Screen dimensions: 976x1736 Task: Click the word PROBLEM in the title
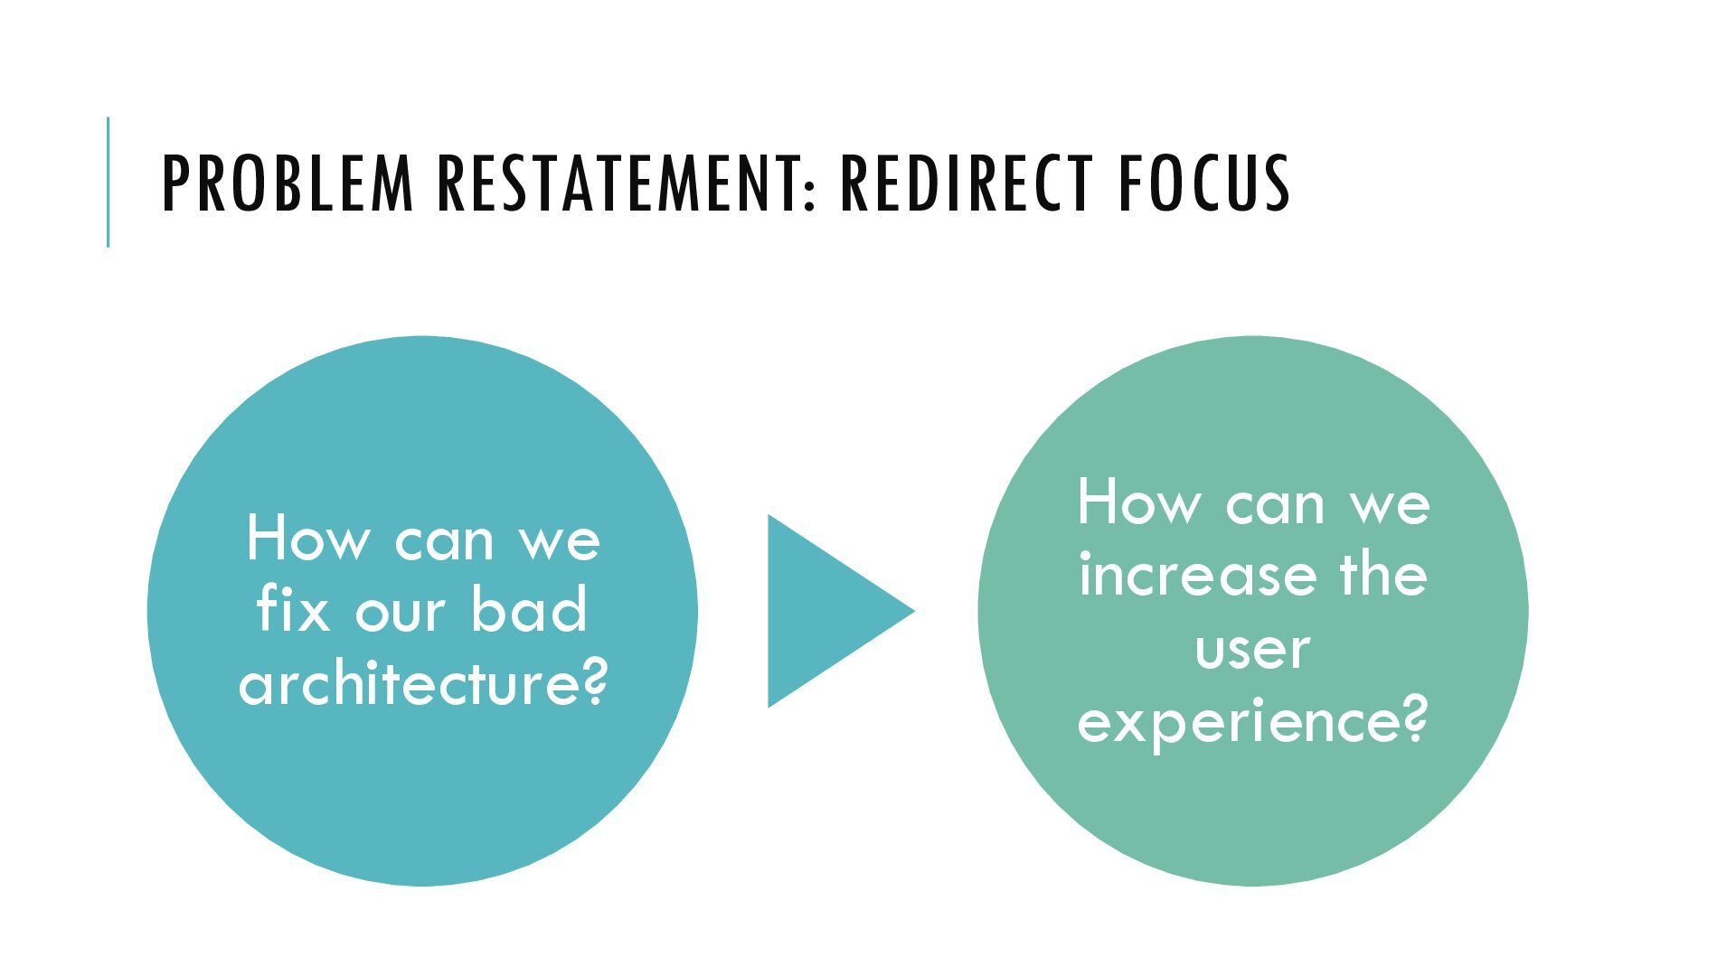click(x=288, y=183)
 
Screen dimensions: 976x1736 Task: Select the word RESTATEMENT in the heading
click(x=617, y=183)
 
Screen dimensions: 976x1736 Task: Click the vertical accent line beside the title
click(x=108, y=182)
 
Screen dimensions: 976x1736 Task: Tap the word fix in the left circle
click(x=292, y=610)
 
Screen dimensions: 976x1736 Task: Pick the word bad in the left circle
click(x=529, y=610)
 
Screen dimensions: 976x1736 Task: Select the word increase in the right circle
click(x=1197, y=576)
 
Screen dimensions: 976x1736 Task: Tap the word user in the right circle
click(x=1252, y=649)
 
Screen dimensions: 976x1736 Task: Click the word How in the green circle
click(x=1138, y=502)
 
